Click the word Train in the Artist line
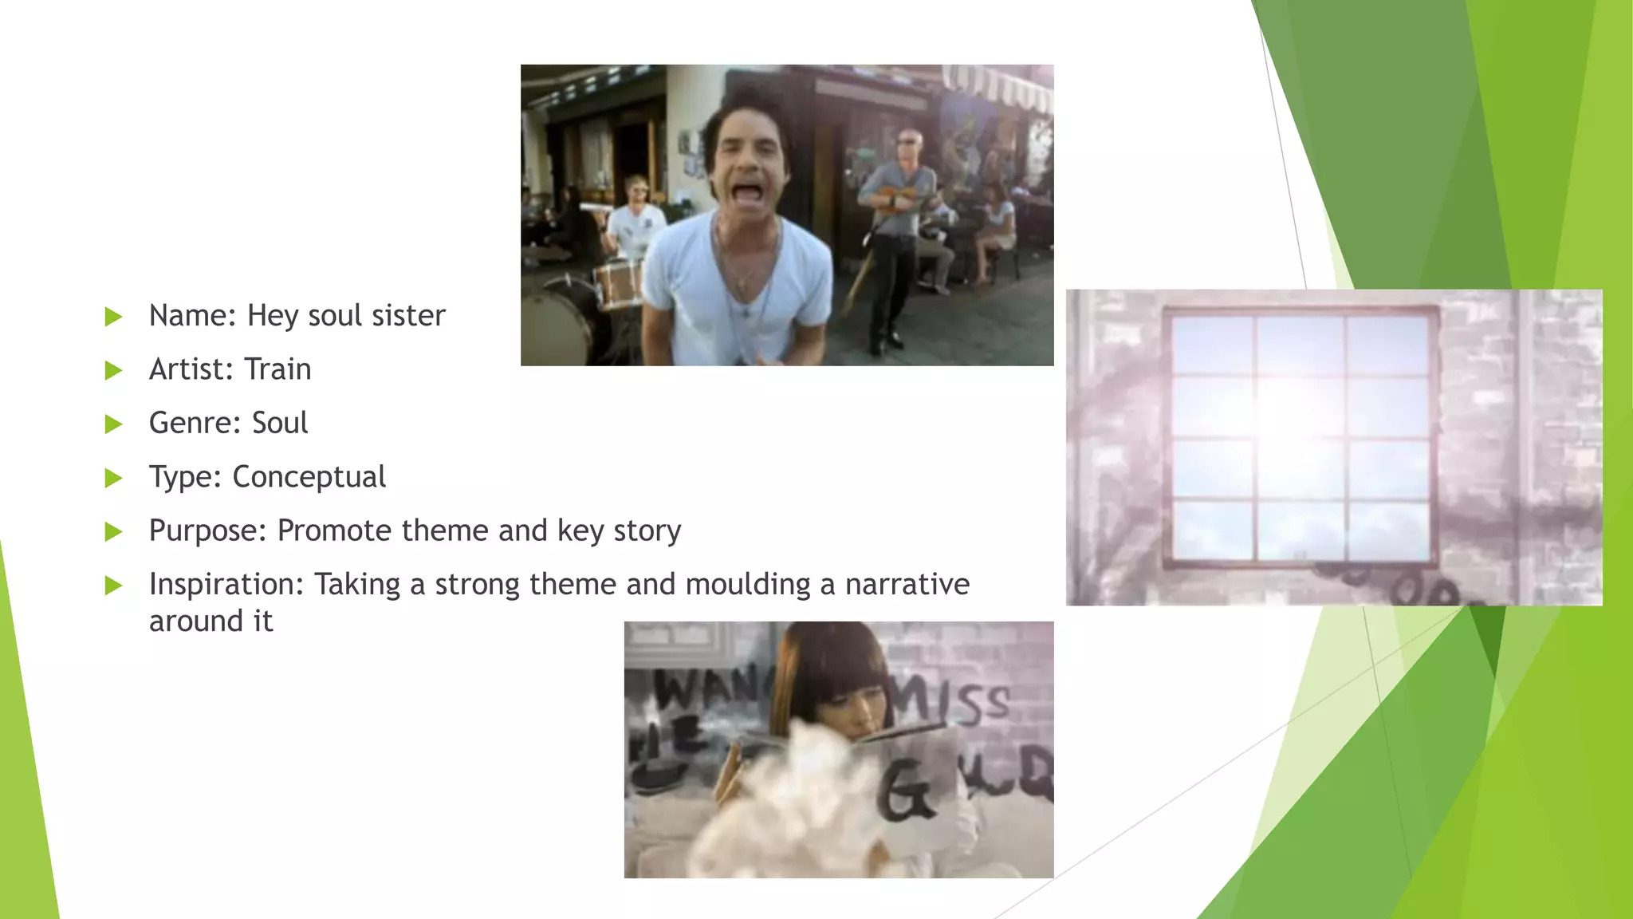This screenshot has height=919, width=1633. [x=277, y=369]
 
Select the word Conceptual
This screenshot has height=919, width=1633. [x=309, y=477]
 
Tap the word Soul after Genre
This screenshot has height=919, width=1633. [x=279, y=423]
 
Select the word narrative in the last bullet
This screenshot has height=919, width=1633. [x=907, y=585]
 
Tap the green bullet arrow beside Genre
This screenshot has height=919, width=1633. [x=114, y=424]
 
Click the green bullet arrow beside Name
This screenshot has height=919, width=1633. [x=114, y=317]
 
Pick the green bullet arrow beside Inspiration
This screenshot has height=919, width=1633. [x=114, y=586]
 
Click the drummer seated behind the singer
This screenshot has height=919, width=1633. [x=635, y=215]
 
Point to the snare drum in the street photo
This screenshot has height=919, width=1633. [x=618, y=284]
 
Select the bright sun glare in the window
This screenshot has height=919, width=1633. [x=1292, y=407]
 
